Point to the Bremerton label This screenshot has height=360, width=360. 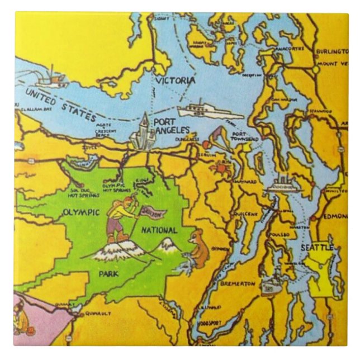(x=238, y=283)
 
